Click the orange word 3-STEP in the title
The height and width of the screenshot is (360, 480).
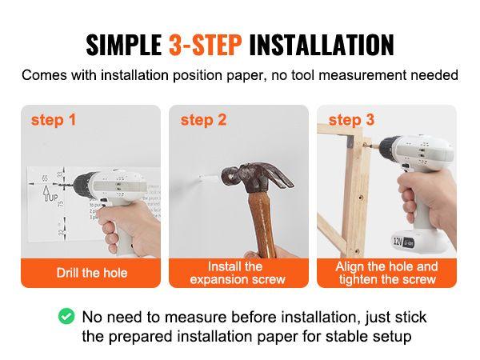[205, 45]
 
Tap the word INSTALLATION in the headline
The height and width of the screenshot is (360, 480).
[322, 45]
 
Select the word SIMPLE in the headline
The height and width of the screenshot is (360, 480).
[124, 45]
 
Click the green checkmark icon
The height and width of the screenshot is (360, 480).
[66, 316]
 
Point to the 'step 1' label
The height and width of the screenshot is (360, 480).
[54, 120]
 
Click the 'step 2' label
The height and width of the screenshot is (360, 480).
[203, 120]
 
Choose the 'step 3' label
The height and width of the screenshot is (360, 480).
[351, 120]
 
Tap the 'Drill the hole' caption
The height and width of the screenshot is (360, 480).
[92, 273]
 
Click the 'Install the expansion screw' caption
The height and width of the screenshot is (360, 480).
[238, 273]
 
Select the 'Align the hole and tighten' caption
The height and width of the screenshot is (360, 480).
[386, 273]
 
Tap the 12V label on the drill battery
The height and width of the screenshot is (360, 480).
[398, 241]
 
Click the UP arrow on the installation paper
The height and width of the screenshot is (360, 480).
[46, 194]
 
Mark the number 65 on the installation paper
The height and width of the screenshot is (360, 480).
[45, 178]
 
